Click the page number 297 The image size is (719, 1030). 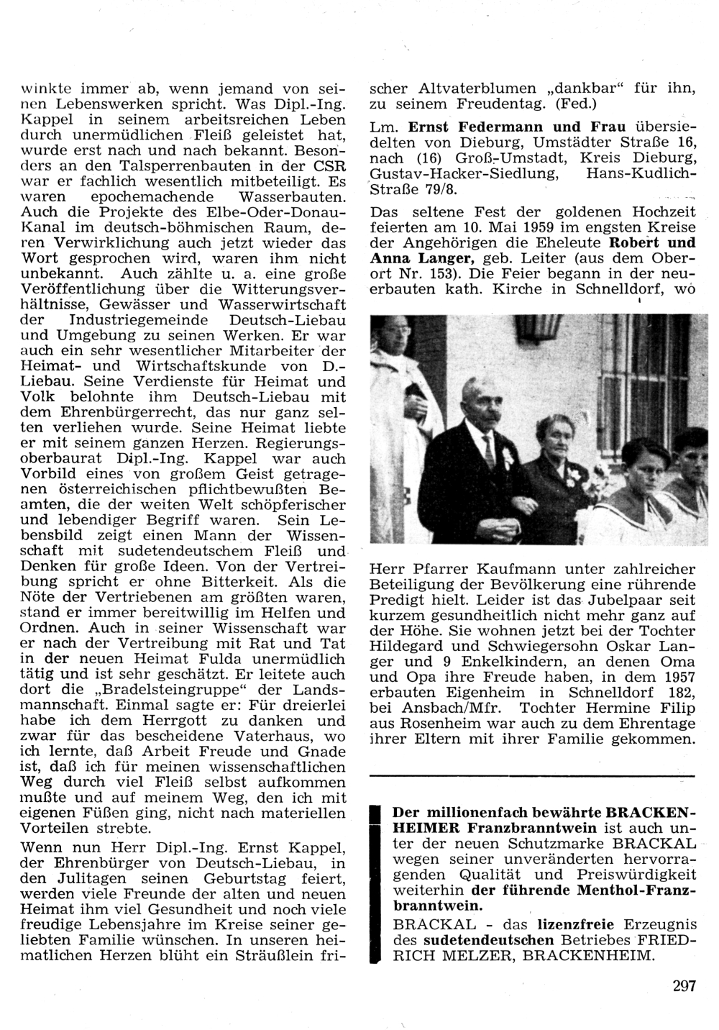[684, 986]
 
